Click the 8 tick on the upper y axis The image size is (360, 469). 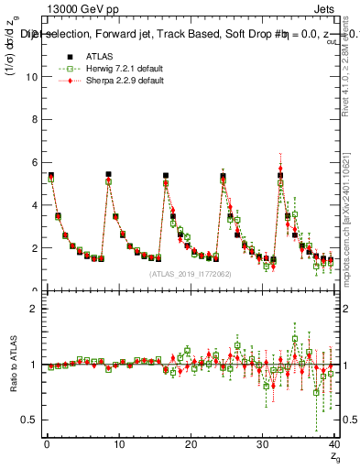pyautogui.click(x=35, y=120)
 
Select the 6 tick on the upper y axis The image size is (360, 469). pyautogui.click(x=35, y=162)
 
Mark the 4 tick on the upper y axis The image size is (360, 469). pyautogui.click(x=35, y=205)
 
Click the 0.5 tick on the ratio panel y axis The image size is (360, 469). pyautogui.click(x=30, y=420)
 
